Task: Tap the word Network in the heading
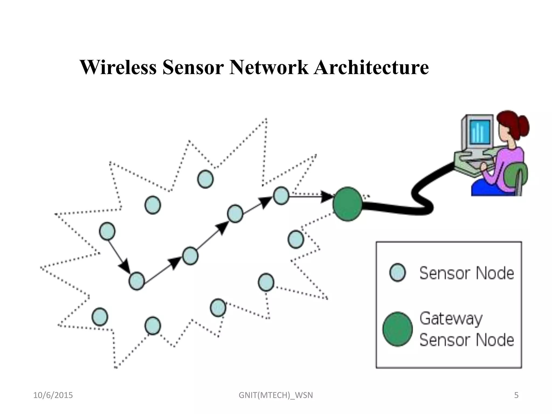coord(269,67)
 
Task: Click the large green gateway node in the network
coord(347,204)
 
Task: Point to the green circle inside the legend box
coord(398,329)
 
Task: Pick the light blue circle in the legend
coord(398,272)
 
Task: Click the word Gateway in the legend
coord(451,319)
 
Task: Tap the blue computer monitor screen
coord(480,132)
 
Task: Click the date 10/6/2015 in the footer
coord(53,395)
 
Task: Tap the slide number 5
coord(516,395)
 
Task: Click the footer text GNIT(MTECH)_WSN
coord(276,395)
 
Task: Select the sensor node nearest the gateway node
coord(281,196)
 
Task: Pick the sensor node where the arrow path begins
coord(107,231)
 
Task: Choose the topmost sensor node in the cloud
coord(205,179)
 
